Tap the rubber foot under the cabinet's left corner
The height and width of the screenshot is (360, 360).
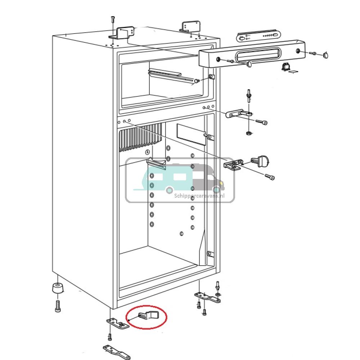coord(58,288)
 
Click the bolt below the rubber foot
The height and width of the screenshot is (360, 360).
coord(58,306)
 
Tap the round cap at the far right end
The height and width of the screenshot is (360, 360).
coord(326,55)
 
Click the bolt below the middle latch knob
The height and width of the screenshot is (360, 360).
coord(269,176)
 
